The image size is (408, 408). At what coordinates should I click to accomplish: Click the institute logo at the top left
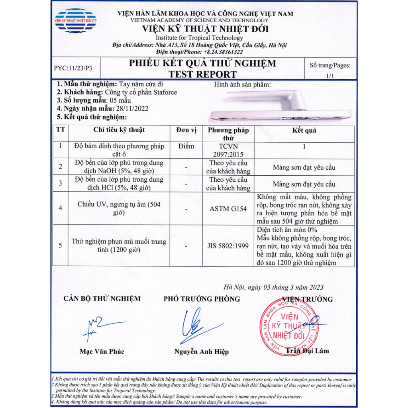click(75, 20)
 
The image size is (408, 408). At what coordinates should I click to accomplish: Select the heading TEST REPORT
click(202, 74)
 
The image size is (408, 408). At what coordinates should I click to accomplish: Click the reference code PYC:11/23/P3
click(73, 68)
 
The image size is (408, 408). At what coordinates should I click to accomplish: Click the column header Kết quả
click(304, 130)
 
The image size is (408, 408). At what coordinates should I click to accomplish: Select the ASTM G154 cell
click(228, 208)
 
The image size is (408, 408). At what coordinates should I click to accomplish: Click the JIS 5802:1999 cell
click(228, 246)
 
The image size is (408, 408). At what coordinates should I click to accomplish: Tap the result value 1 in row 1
click(304, 146)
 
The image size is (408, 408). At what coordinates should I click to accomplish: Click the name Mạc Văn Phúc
click(102, 351)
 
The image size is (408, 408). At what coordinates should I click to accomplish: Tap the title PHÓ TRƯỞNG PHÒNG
click(202, 299)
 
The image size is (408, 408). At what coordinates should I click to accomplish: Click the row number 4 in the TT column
click(60, 208)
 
